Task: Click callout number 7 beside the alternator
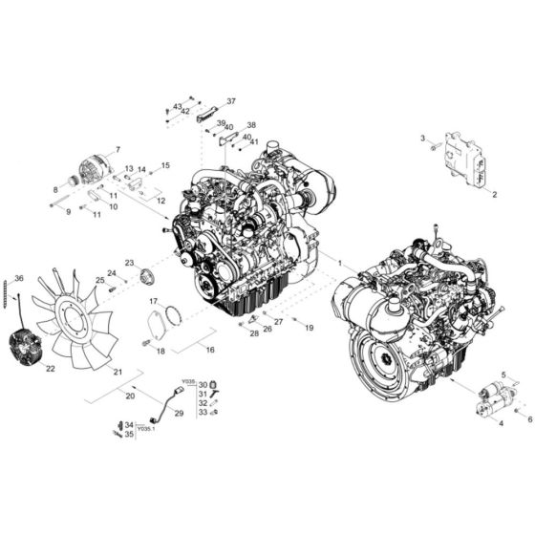pyautogui.click(x=117, y=150)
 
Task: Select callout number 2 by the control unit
pyautogui.click(x=495, y=194)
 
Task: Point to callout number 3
pyautogui.click(x=423, y=139)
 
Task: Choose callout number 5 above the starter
pyautogui.click(x=503, y=375)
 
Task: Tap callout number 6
pyautogui.click(x=529, y=418)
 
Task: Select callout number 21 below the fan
pyautogui.click(x=118, y=372)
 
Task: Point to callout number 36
pyautogui.click(x=18, y=278)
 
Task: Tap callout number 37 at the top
pyautogui.click(x=230, y=100)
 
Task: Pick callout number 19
pyautogui.click(x=310, y=328)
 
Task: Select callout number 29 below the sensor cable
pyautogui.click(x=180, y=413)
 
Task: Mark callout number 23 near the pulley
pyautogui.click(x=129, y=263)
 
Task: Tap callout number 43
pyautogui.click(x=177, y=106)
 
